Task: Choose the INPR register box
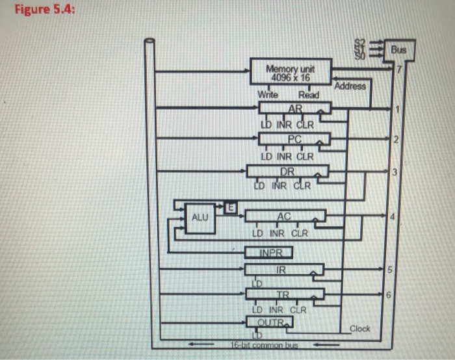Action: point(268,252)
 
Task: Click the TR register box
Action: point(283,294)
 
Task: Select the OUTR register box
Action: point(269,322)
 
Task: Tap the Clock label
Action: point(359,329)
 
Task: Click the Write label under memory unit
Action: point(267,95)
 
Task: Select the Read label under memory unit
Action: point(309,95)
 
